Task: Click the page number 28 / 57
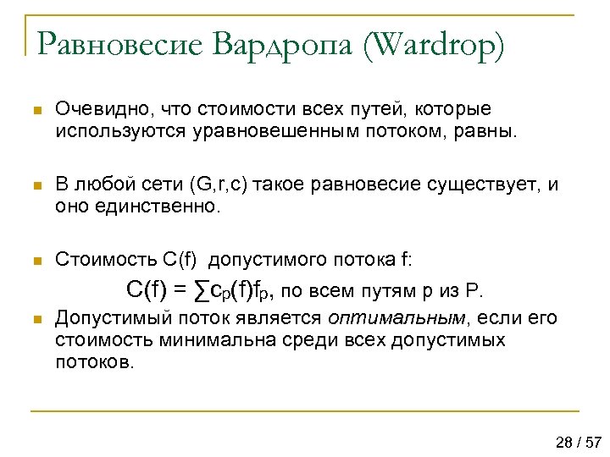(579, 442)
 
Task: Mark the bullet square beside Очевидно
(35, 111)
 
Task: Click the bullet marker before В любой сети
(35, 185)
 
